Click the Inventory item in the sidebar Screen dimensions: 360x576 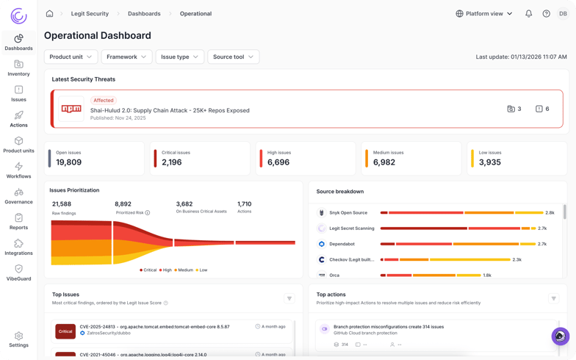[18, 68]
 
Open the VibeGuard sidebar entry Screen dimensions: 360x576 [18, 273]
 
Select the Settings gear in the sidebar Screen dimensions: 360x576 [18, 339]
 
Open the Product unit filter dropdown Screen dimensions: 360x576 [71, 57]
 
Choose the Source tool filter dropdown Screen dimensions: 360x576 [233, 57]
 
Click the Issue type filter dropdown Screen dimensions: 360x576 [179, 57]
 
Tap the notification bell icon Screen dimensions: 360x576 [528, 13]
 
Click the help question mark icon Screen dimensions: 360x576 [546, 13]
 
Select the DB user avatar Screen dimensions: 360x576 [563, 13]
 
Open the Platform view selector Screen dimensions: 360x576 [484, 13]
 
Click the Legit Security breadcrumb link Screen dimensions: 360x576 [90, 13]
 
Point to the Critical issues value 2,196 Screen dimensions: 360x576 [171, 162]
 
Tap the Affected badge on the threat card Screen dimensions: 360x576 [104, 100]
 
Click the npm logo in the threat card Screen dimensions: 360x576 [71, 109]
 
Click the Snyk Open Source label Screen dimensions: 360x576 [348, 212]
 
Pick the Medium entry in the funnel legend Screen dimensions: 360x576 [185, 270]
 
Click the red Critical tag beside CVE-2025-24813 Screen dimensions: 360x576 [65, 331]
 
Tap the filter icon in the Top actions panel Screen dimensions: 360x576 [553, 298]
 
